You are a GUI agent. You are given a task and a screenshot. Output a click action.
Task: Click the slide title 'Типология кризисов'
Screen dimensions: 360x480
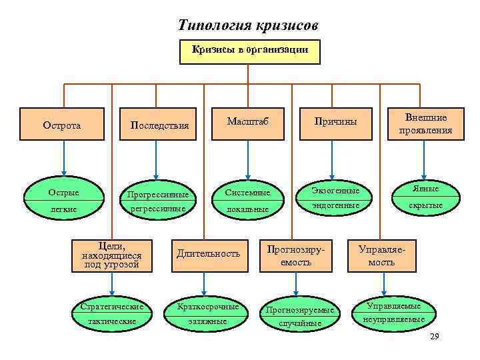249,25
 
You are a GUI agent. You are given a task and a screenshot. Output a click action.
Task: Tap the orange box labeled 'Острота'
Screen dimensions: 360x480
62,125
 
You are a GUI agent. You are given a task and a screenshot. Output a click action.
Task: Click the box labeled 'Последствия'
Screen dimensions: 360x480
159,125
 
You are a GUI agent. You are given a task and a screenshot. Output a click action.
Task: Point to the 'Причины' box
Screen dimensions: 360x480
336,122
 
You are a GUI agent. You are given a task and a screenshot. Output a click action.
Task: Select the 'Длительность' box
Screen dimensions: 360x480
208,253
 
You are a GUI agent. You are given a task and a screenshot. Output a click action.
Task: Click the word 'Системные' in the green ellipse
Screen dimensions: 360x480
247,193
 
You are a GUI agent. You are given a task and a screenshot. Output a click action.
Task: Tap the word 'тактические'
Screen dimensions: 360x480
112,321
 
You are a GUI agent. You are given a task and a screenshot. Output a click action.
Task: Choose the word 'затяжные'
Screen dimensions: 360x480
207,321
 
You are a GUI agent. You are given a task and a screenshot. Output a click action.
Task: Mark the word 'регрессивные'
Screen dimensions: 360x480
159,208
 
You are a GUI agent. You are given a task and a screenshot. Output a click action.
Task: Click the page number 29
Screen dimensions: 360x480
435,335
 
